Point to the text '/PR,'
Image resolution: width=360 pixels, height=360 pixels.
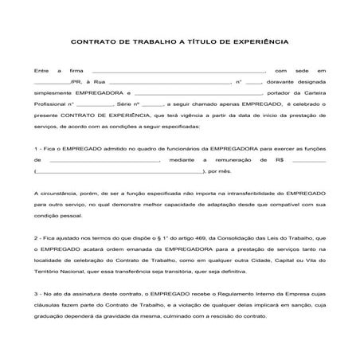[77, 82]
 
